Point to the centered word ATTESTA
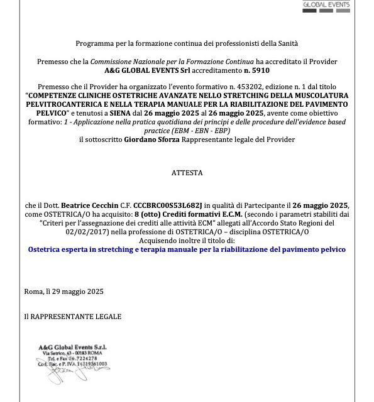coord(187,171)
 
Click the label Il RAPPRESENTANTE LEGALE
coord(72,317)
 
